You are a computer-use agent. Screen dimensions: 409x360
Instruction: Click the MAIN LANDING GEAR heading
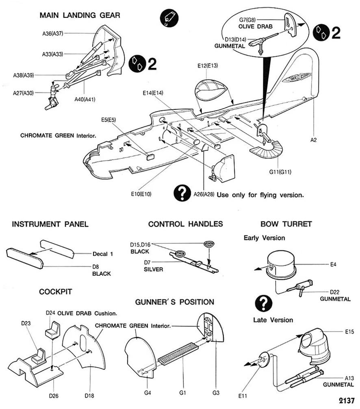(80, 15)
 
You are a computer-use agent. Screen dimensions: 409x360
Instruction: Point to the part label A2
(313, 140)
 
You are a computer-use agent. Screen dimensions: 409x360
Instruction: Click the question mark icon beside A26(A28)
(182, 193)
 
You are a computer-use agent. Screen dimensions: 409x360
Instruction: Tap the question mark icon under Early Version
(262, 303)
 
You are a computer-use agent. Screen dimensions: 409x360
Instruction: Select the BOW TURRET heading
(286, 224)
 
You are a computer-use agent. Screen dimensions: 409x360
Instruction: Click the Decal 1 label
(104, 254)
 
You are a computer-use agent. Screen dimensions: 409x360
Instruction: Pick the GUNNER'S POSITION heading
(175, 302)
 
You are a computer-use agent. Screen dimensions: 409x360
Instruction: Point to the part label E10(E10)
(141, 194)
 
